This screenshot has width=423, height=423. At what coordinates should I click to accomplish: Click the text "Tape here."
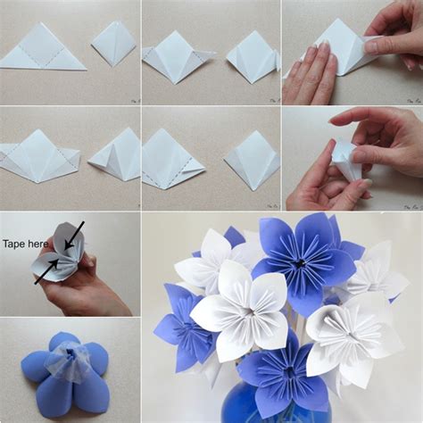25,243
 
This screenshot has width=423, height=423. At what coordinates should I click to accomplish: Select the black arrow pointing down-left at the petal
72,235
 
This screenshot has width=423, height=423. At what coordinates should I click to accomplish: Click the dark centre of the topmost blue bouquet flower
300,263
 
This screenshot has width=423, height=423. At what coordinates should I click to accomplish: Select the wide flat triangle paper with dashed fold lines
42,48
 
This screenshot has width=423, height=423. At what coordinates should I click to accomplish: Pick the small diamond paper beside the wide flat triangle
113,44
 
